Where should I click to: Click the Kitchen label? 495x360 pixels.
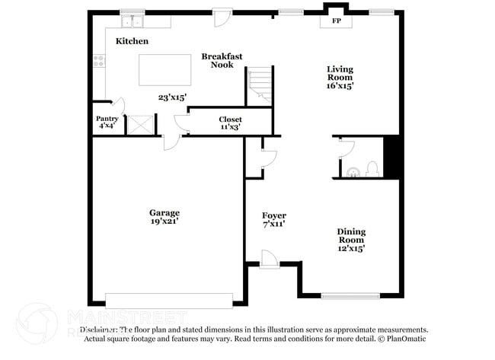pos(132,41)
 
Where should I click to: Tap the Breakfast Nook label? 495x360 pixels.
pos(222,60)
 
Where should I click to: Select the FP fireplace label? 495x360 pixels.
pos(336,21)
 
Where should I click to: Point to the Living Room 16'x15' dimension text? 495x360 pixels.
pos(340,87)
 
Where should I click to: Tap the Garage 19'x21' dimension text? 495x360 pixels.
pos(164,221)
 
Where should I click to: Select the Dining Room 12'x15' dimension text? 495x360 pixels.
pos(351,248)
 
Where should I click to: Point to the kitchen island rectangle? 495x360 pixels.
pos(165,70)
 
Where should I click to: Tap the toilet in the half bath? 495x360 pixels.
pos(372,168)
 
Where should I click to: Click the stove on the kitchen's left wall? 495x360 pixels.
pos(99,62)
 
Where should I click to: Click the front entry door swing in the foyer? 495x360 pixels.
pos(270,260)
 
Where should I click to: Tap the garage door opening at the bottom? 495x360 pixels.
pos(169,301)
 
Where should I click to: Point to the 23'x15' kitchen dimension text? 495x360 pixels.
pos(173,97)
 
